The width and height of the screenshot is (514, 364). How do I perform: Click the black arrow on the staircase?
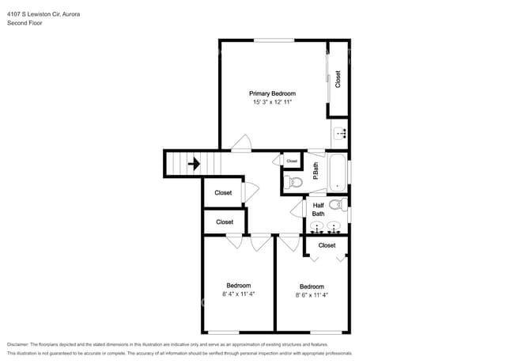coord(193,165)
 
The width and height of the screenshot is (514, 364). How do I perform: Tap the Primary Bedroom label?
coord(272,93)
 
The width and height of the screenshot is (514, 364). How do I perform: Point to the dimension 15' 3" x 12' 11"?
coord(272,102)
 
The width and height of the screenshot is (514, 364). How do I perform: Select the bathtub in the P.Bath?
coord(338,173)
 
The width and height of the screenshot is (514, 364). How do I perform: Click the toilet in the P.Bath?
coord(295,183)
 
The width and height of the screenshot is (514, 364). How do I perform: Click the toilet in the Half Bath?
coord(335,206)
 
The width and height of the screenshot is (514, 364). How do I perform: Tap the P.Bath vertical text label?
coord(316,171)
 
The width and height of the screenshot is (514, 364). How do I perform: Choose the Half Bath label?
coord(318,210)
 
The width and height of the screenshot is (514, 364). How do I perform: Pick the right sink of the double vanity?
coord(335,228)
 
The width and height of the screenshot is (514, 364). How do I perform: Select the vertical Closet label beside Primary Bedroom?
coord(338,79)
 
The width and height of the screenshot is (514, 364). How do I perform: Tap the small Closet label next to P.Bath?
coord(292,161)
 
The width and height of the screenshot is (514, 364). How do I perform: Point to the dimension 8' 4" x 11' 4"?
coord(238,294)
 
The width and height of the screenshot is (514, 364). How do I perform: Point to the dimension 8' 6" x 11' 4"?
coord(311,295)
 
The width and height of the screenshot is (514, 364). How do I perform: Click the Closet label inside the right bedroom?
coord(327,245)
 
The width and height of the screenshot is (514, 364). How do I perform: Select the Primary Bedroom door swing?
coord(241,144)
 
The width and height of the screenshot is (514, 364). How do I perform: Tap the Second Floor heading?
coord(25,24)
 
